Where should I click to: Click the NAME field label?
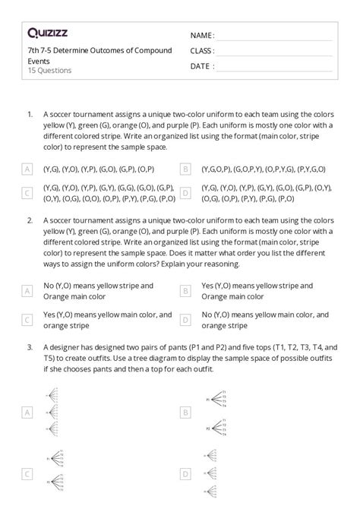pyautogui.click(x=202, y=36)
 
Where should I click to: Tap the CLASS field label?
pyautogui.click(x=202, y=51)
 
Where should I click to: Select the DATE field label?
pyautogui.click(x=201, y=66)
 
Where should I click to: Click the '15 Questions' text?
pyautogui.click(x=49, y=71)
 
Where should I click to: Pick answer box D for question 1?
pyautogui.click(x=185, y=194)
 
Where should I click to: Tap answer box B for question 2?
pyautogui.click(x=185, y=291)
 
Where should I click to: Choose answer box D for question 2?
pyautogui.click(x=185, y=320)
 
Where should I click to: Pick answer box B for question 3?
pyautogui.click(x=185, y=413)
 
